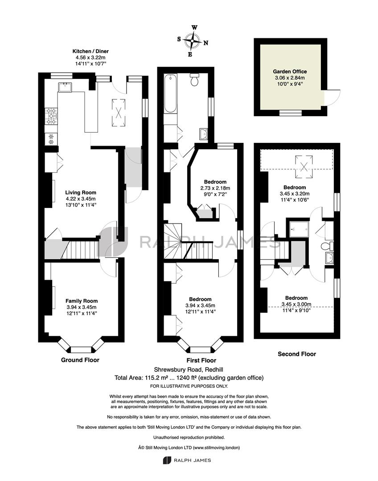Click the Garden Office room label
[290, 71]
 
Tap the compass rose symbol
[193, 41]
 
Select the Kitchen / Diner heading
[90, 51]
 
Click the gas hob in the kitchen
[51, 116]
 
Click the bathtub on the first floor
[171, 94]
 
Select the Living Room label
[81, 193]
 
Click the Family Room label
[82, 301]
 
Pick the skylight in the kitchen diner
[119, 113]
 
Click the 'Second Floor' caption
[297, 354]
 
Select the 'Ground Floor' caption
[80, 360]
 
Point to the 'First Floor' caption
[201, 360]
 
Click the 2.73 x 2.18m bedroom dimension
[215, 188]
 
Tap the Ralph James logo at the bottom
[187, 460]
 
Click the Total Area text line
[189, 378]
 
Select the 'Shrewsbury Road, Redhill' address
[189, 370]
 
